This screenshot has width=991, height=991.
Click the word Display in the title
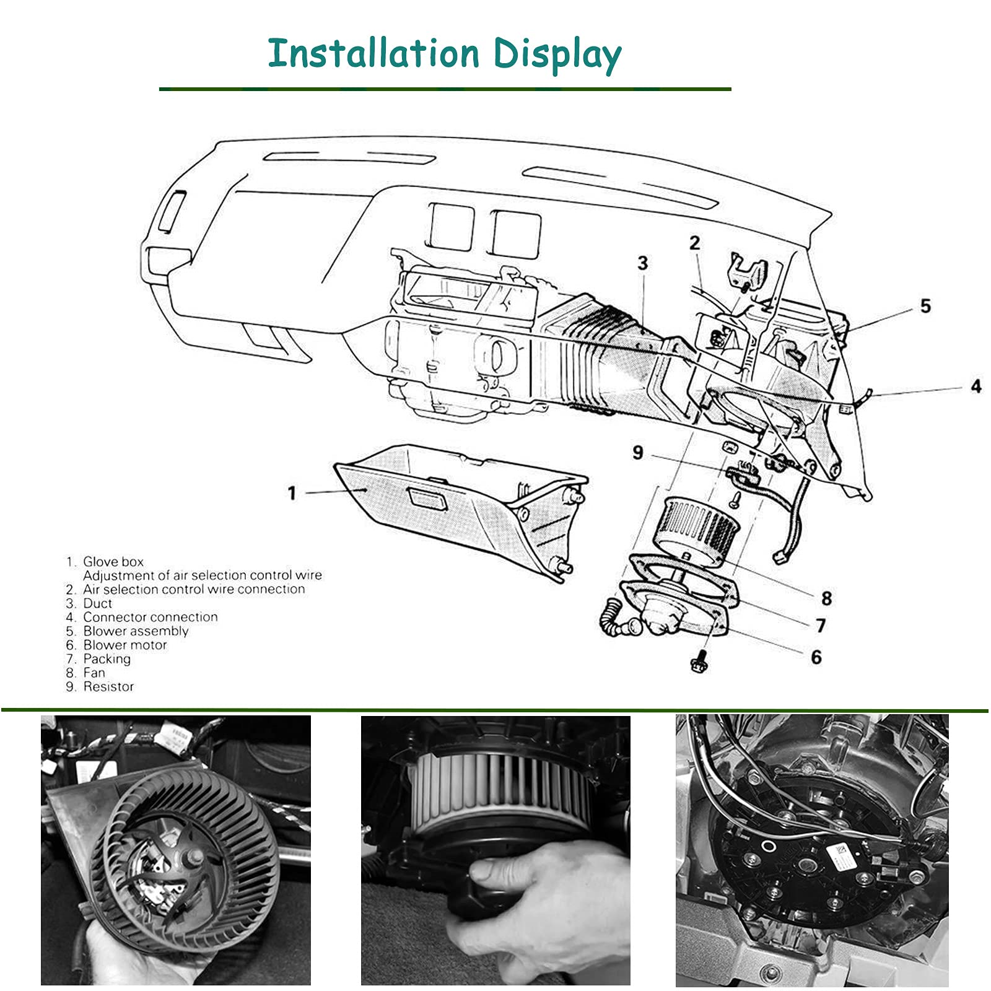tap(557, 55)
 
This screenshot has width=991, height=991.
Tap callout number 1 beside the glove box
tap(292, 493)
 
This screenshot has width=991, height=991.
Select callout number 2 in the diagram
tap(694, 243)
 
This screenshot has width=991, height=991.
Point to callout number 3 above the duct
tap(643, 263)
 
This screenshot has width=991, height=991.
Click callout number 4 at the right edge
tap(976, 386)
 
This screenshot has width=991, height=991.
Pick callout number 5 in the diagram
tap(925, 306)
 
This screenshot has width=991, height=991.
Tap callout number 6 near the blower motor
tap(816, 657)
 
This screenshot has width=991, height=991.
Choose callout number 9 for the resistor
tap(638, 453)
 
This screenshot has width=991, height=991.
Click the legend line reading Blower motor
tap(124, 645)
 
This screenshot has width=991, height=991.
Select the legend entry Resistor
tap(108, 686)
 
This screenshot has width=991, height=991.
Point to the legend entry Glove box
tap(113, 562)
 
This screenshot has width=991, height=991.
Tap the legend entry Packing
tap(107, 658)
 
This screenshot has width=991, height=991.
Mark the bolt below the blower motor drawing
tap(699, 663)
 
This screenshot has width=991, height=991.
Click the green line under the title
tap(445, 89)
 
